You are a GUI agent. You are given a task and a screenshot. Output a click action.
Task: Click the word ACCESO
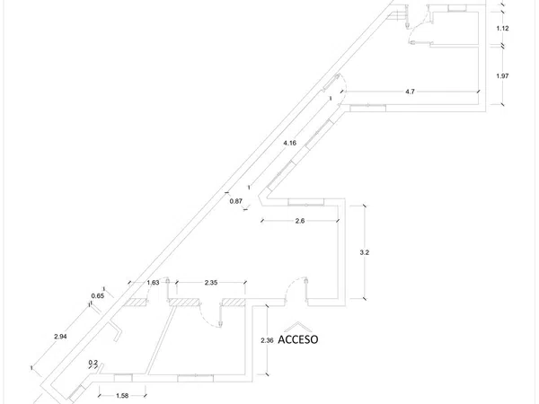297,339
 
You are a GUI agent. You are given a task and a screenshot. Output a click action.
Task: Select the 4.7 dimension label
411,92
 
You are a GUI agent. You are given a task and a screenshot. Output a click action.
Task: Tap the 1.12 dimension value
502,29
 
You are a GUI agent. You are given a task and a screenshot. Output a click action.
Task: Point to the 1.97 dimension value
502,76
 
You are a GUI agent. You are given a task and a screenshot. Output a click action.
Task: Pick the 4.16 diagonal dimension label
290,143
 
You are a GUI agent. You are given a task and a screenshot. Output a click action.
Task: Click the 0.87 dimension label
236,201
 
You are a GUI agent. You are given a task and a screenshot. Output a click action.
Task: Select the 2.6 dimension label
300,221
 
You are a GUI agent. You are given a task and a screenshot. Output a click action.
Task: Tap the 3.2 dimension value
365,252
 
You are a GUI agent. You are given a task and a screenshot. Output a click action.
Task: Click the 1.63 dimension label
153,283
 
